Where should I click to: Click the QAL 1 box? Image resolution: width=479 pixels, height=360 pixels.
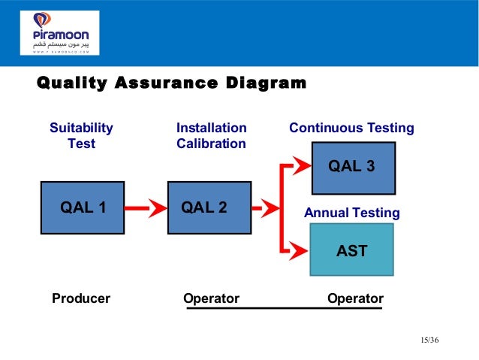[x=83, y=207]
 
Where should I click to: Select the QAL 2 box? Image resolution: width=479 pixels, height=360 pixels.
[x=209, y=207]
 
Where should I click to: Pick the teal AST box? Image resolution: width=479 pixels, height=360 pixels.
[x=351, y=250]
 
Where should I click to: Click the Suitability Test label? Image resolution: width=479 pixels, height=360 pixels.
[x=81, y=135]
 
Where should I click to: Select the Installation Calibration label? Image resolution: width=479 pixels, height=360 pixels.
[x=211, y=135]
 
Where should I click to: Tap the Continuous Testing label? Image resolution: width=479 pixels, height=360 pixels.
[x=351, y=129]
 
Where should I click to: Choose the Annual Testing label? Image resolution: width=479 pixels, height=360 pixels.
[x=351, y=213]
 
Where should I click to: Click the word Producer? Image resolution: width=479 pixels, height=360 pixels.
[x=81, y=298]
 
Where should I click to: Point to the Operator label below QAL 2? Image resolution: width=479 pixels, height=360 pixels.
[x=211, y=298]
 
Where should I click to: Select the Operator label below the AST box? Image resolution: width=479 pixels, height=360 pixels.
[x=355, y=298]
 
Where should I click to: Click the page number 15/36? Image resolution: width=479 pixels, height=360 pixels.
[x=429, y=341]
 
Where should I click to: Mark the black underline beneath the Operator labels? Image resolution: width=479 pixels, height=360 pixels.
[x=285, y=308]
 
